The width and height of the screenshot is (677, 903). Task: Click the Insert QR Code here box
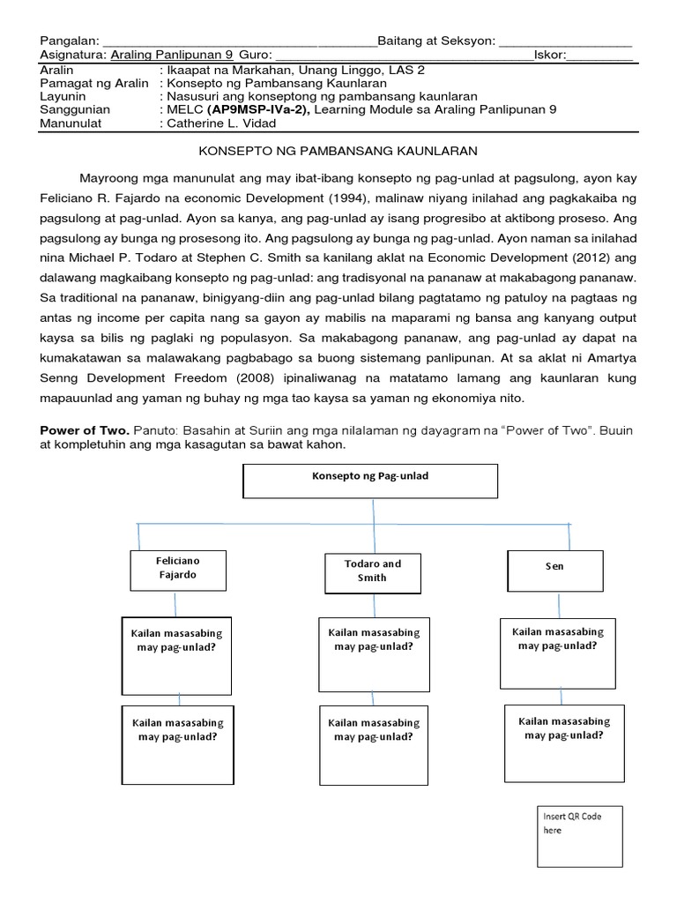click(x=578, y=836)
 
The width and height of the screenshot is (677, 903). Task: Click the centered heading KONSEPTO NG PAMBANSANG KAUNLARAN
click(x=338, y=152)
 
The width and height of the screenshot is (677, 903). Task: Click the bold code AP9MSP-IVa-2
click(x=258, y=109)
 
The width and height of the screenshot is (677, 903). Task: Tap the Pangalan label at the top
click(x=71, y=41)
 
